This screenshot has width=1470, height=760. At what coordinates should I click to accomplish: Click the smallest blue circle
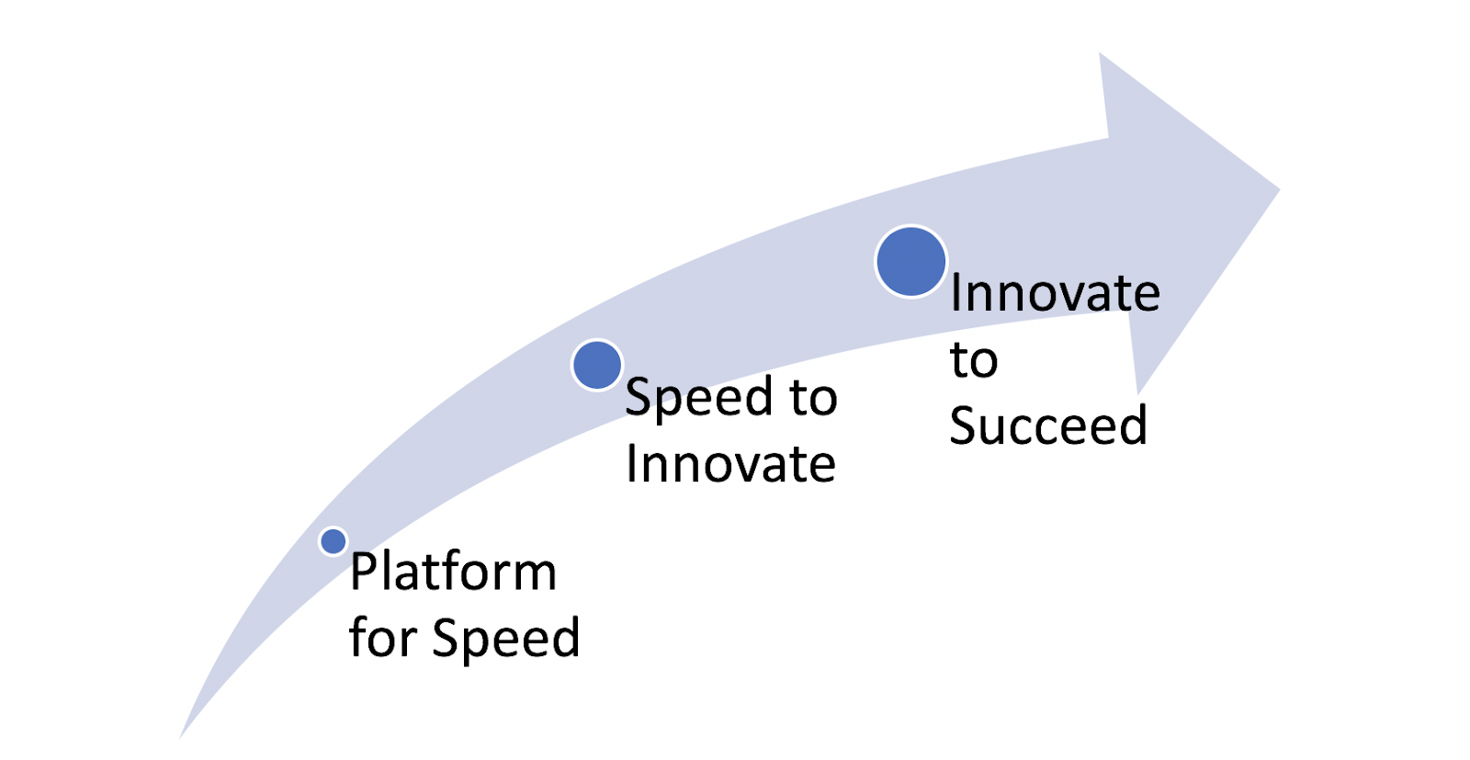[334, 541]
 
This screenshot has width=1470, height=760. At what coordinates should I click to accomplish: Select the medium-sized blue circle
[597, 365]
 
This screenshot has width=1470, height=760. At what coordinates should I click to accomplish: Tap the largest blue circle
[910, 261]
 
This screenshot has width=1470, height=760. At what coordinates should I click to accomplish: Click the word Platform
[454, 571]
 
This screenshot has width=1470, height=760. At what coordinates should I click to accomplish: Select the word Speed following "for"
[506, 638]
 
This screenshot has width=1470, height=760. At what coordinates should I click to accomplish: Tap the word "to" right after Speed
[814, 397]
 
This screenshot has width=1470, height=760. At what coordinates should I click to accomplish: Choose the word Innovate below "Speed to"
[731, 464]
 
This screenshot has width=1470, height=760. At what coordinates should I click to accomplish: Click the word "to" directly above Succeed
[974, 360]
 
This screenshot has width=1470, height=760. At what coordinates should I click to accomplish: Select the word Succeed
[1048, 425]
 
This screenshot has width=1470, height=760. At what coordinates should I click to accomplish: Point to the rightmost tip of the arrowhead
[1280, 189]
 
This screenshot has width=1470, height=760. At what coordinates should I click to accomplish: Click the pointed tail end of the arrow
[180, 738]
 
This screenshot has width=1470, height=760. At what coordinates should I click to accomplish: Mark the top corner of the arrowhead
[1100, 53]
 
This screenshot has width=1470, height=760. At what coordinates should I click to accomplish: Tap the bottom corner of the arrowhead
[1137, 394]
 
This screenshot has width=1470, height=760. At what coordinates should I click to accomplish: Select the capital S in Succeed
[963, 425]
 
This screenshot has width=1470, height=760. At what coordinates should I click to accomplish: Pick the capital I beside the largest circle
[955, 293]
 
